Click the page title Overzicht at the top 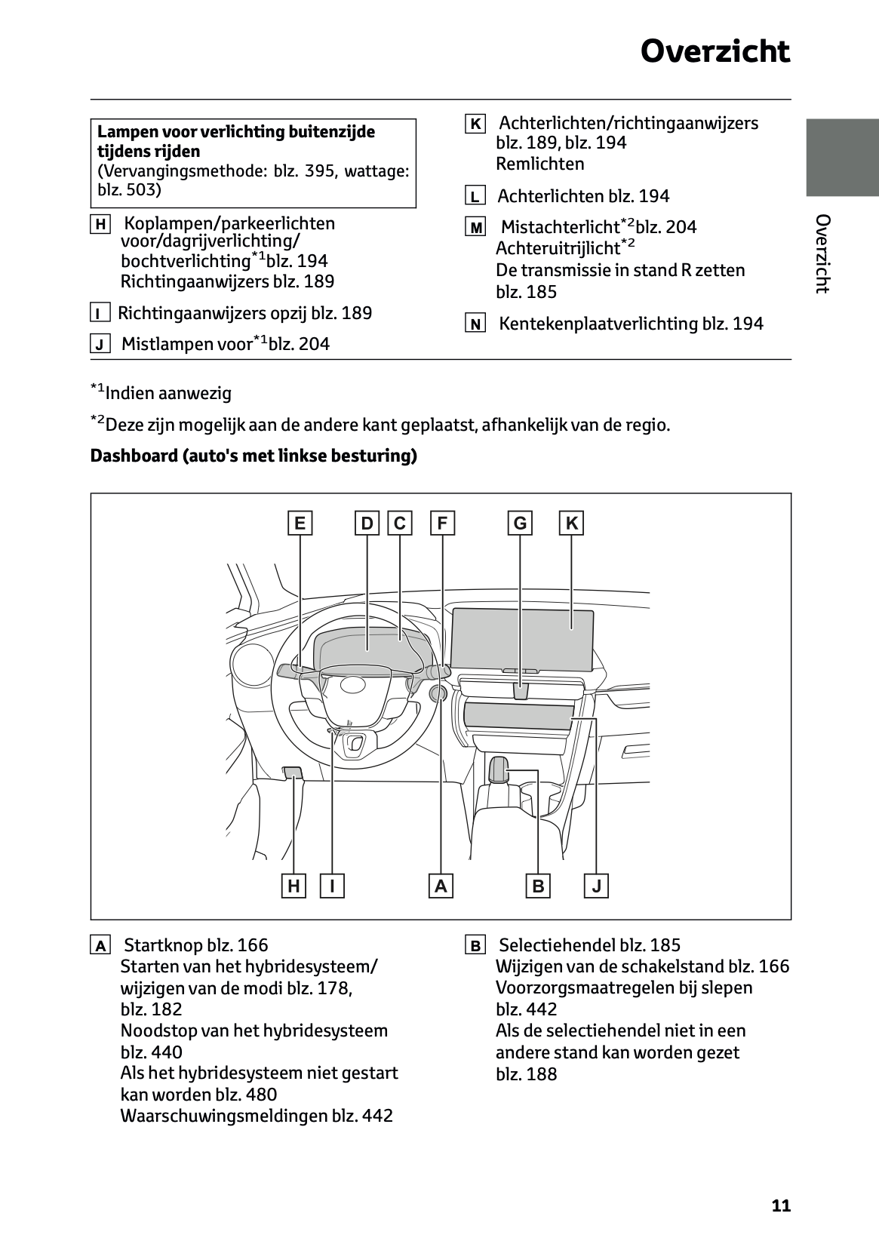(715, 52)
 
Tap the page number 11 (781, 1206)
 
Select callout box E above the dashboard (300, 523)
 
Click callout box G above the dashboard (520, 523)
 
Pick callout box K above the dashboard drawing (571, 523)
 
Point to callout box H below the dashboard (294, 886)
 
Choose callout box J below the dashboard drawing (596, 886)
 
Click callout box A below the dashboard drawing (441, 886)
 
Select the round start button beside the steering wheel (437, 694)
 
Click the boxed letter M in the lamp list (475, 228)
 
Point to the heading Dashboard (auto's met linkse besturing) (254, 456)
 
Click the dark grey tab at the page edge (842, 157)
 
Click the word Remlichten (539, 164)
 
